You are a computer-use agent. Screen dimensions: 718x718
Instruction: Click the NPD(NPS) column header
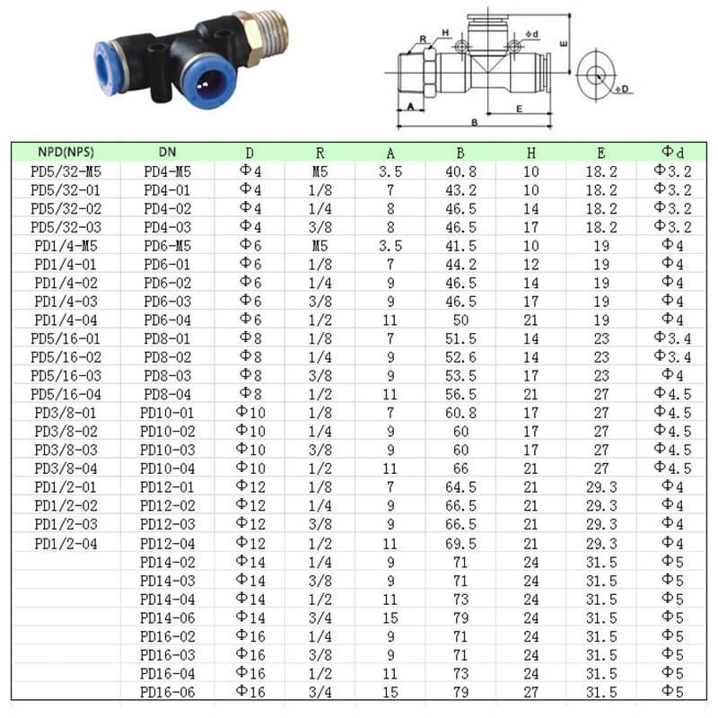66,152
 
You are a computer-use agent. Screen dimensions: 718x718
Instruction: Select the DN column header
167,152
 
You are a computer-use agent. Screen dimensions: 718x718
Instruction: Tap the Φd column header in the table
672,152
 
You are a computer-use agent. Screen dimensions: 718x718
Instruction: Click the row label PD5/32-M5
66,171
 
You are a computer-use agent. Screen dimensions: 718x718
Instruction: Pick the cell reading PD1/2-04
66,544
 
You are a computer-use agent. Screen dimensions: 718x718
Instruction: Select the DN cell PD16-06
168,692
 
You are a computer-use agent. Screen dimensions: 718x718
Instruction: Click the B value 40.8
460,171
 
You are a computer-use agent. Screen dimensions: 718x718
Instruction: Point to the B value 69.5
460,544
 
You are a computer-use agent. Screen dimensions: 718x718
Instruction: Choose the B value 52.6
460,357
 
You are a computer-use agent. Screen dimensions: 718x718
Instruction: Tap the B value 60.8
460,413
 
